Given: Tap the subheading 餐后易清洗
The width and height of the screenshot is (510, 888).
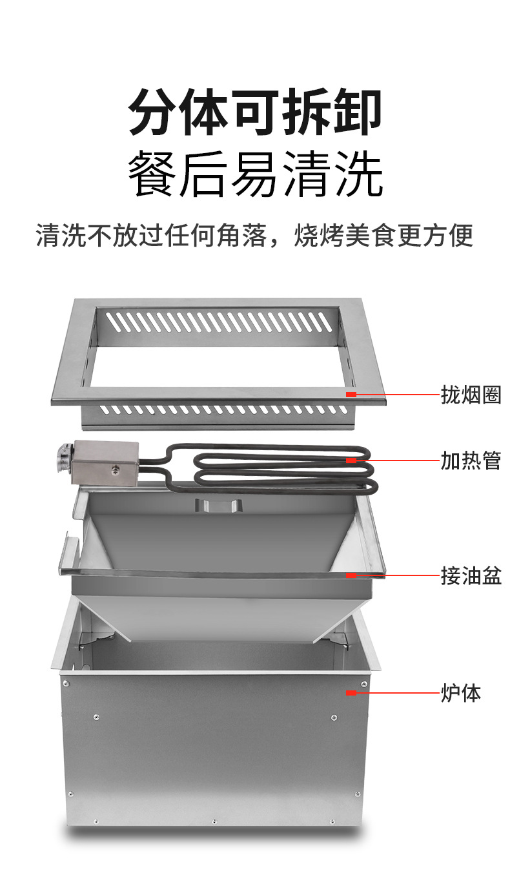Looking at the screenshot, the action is pyautogui.click(x=255, y=174).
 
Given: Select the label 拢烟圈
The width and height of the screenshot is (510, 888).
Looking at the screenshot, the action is pyautogui.click(x=471, y=394).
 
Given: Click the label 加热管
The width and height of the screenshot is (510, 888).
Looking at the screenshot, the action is pyautogui.click(x=471, y=460).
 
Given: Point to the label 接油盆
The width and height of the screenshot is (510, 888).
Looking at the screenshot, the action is pyautogui.click(x=471, y=575).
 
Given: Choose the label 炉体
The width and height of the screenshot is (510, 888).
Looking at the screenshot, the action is pyautogui.click(x=460, y=693).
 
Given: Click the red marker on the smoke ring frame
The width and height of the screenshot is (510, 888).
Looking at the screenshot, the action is pyautogui.click(x=351, y=394).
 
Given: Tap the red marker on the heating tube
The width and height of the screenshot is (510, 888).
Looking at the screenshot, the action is pyautogui.click(x=351, y=460).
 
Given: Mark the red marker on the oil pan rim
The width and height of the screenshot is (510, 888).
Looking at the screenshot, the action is pyautogui.click(x=351, y=575).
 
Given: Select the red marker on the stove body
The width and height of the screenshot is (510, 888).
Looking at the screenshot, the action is pyautogui.click(x=351, y=693).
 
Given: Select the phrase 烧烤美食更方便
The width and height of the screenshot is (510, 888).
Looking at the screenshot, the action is pyautogui.click(x=383, y=236).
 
